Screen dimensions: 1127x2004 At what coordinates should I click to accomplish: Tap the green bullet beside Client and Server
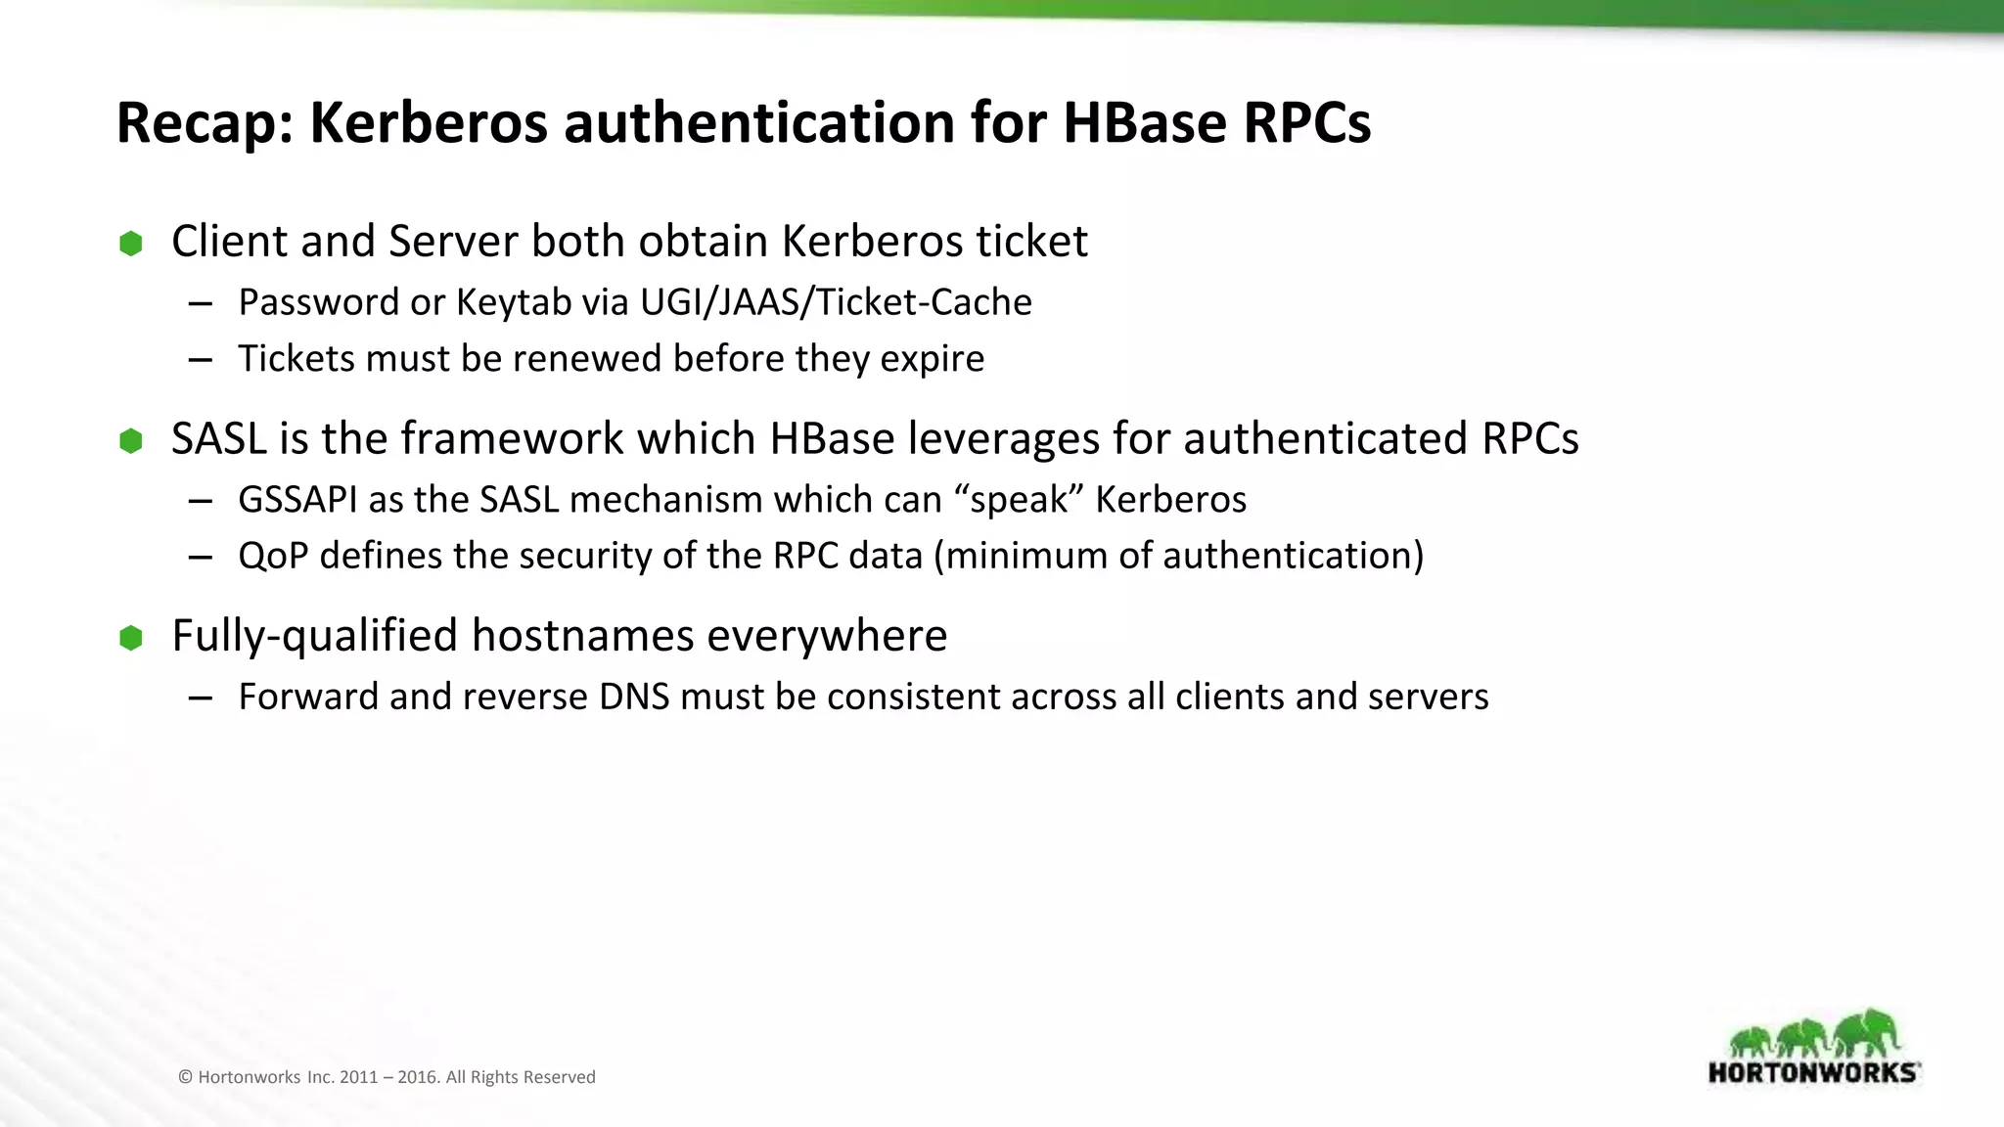131,244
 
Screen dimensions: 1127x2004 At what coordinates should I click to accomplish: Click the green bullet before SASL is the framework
131,441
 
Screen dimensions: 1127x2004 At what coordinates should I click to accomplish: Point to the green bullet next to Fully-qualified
131,638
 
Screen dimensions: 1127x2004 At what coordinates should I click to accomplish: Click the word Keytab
513,302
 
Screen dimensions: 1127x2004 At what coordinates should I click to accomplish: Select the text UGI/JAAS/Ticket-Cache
836,302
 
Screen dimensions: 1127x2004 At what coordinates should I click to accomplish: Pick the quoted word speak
1018,500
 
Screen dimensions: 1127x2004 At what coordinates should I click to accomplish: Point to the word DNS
634,697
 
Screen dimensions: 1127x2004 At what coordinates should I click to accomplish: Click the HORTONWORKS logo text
1812,1072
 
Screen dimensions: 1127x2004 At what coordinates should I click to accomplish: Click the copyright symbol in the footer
185,1077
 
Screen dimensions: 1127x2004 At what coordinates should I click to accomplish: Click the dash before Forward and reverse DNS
202,698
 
